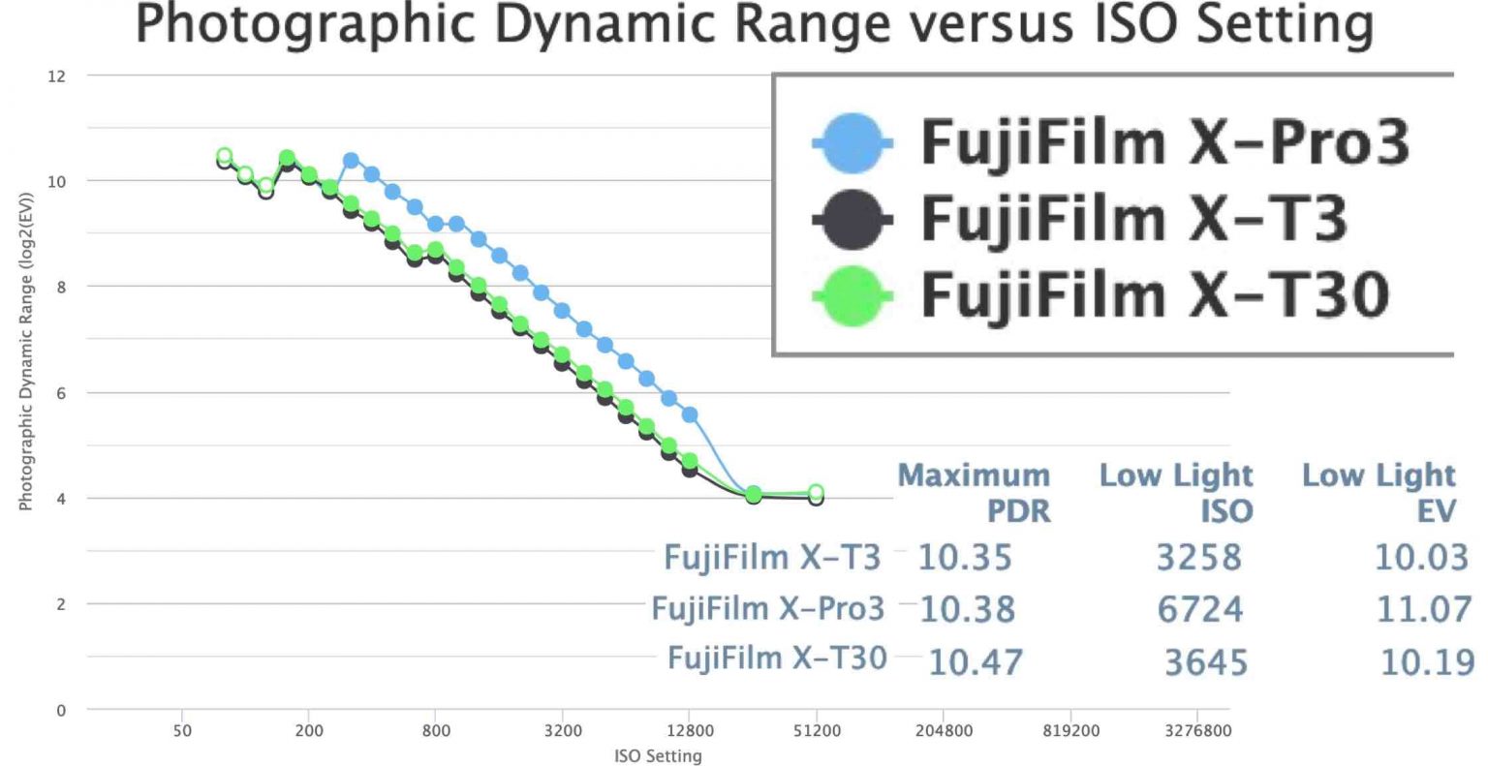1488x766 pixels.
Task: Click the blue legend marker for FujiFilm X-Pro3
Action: point(852,142)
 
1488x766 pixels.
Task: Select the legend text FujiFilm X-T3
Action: point(1133,218)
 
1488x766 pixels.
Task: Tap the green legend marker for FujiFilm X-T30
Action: point(852,295)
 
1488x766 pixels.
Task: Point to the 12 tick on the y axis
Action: point(57,77)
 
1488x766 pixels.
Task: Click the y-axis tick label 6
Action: point(61,393)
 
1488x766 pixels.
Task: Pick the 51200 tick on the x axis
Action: point(816,731)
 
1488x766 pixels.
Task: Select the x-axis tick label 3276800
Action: point(1198,731)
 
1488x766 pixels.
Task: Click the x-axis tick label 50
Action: point(182,731)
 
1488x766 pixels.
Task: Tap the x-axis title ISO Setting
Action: point(658,755)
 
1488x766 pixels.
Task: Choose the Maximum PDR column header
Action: point(974,492)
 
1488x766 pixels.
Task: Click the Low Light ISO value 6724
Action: point(1199,609)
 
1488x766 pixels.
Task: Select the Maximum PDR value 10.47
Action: point(975,662)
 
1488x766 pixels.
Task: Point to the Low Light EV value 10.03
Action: point(1421,558)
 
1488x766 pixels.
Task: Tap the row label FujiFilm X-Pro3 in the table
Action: point(767,608)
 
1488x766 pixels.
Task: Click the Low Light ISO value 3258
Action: point(1198,558)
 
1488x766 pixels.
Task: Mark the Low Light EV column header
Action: point(1379,492)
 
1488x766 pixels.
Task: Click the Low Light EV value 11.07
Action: point(1423,609)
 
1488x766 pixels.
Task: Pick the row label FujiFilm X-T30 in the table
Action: point(777,659)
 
